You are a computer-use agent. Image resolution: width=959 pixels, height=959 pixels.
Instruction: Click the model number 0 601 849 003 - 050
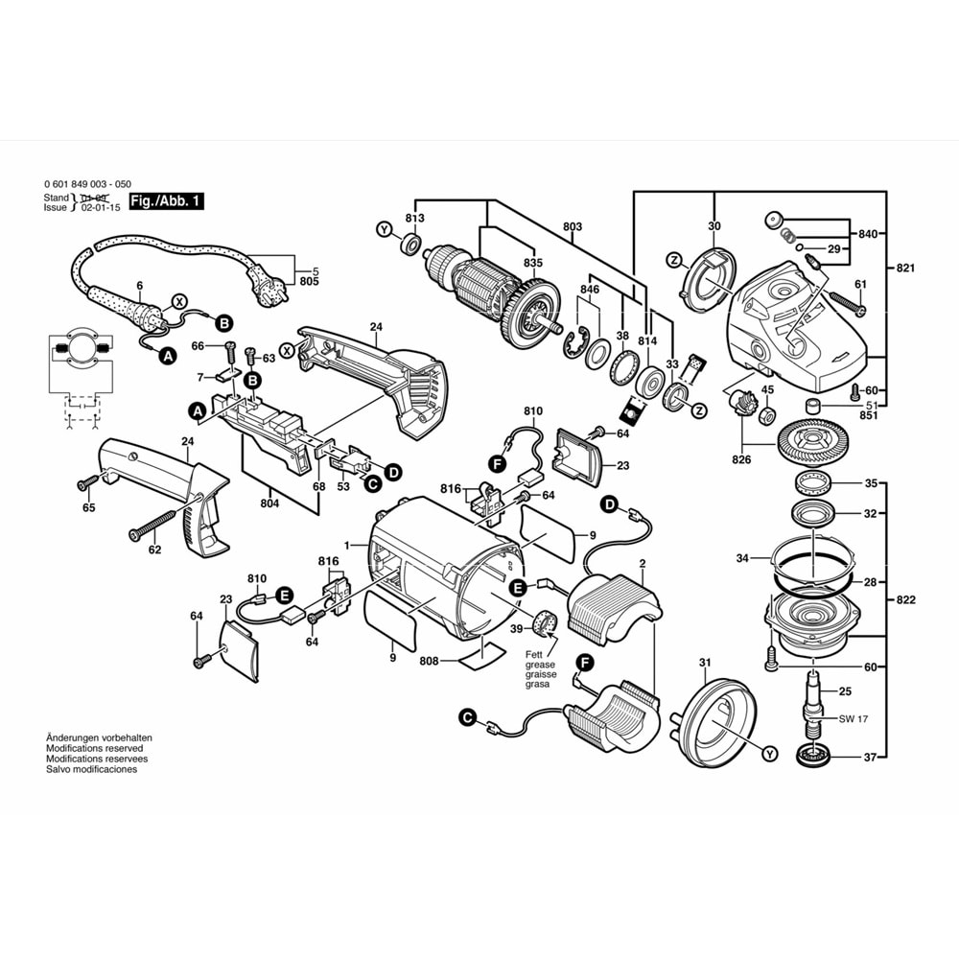click(x=88, y=183)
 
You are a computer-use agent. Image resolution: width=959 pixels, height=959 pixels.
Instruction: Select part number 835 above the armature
click(x=532, y=263)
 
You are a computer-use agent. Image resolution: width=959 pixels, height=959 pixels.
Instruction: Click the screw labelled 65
click(x=83, y=486)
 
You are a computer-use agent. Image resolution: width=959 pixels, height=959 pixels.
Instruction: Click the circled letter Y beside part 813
click(x=384, y=230)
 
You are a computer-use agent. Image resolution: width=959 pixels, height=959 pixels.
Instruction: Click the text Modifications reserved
click(x=94, y=748)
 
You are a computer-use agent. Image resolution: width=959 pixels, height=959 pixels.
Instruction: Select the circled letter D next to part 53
click(x=393, y=471)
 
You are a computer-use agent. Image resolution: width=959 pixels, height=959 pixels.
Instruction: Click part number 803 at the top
click(x=573, y=227)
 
